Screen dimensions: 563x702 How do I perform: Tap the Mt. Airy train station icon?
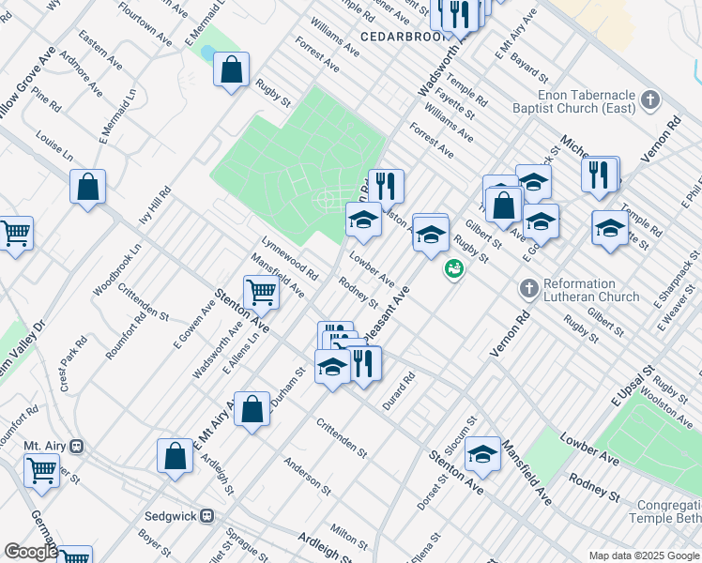78,446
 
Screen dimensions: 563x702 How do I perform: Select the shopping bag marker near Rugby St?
231,69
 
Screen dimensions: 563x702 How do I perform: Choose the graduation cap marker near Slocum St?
482,454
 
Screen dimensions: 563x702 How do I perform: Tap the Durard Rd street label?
398,391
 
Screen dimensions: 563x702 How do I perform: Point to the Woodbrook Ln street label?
116,272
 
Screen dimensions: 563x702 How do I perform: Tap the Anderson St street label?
308,476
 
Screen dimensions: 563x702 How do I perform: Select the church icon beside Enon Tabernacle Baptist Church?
649,99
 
